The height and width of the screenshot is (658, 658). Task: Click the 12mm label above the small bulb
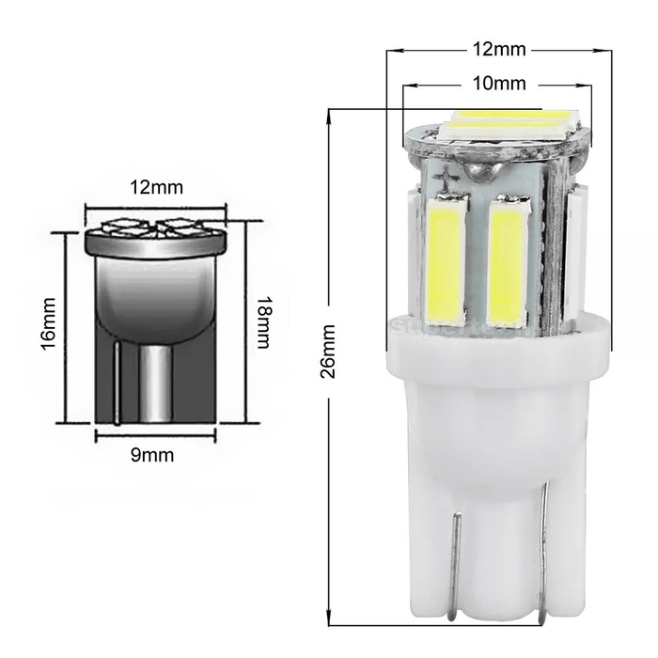pyautogui.click(x=156, y=186)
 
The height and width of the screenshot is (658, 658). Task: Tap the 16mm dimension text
pyautogui.click(x=50, y=325)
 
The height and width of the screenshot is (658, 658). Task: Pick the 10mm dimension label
pyautogui.click(x=497, y=83)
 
